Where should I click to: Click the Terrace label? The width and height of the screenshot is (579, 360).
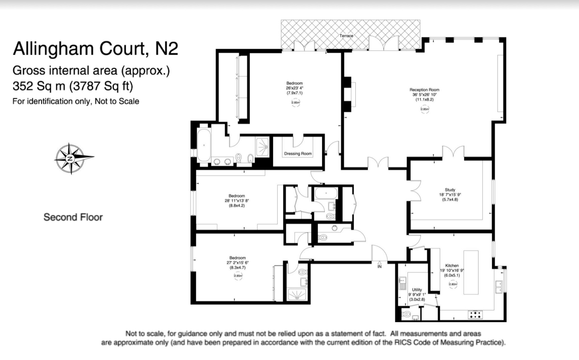pos(346,36)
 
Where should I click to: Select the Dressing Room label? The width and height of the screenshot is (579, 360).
pos(298,154)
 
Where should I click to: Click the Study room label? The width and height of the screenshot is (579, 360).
pos(450,190)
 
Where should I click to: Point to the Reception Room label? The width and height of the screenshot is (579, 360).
pos(424,90)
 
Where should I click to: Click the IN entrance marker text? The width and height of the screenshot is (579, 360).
pos(379,266)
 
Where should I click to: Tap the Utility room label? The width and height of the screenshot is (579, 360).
pos(417,290)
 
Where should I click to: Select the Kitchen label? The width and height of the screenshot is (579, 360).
pos(452,266)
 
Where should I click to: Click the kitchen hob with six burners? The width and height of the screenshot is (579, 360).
pos(475,315)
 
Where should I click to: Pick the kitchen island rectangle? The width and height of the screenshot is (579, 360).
pos(471,272)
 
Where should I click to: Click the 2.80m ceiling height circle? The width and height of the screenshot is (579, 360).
pos(453,285)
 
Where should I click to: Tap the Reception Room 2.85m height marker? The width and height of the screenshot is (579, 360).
pos(425,109)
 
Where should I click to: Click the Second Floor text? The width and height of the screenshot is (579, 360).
pos(73,217)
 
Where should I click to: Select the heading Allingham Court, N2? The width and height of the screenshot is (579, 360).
pos(96,48)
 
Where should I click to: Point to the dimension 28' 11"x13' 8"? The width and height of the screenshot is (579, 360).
pos(237,201)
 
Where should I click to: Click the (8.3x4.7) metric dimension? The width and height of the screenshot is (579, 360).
pos(237,267)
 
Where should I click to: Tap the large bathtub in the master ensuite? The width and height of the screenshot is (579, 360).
pos(204,145)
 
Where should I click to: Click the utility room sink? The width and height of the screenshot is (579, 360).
pos(402,283)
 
